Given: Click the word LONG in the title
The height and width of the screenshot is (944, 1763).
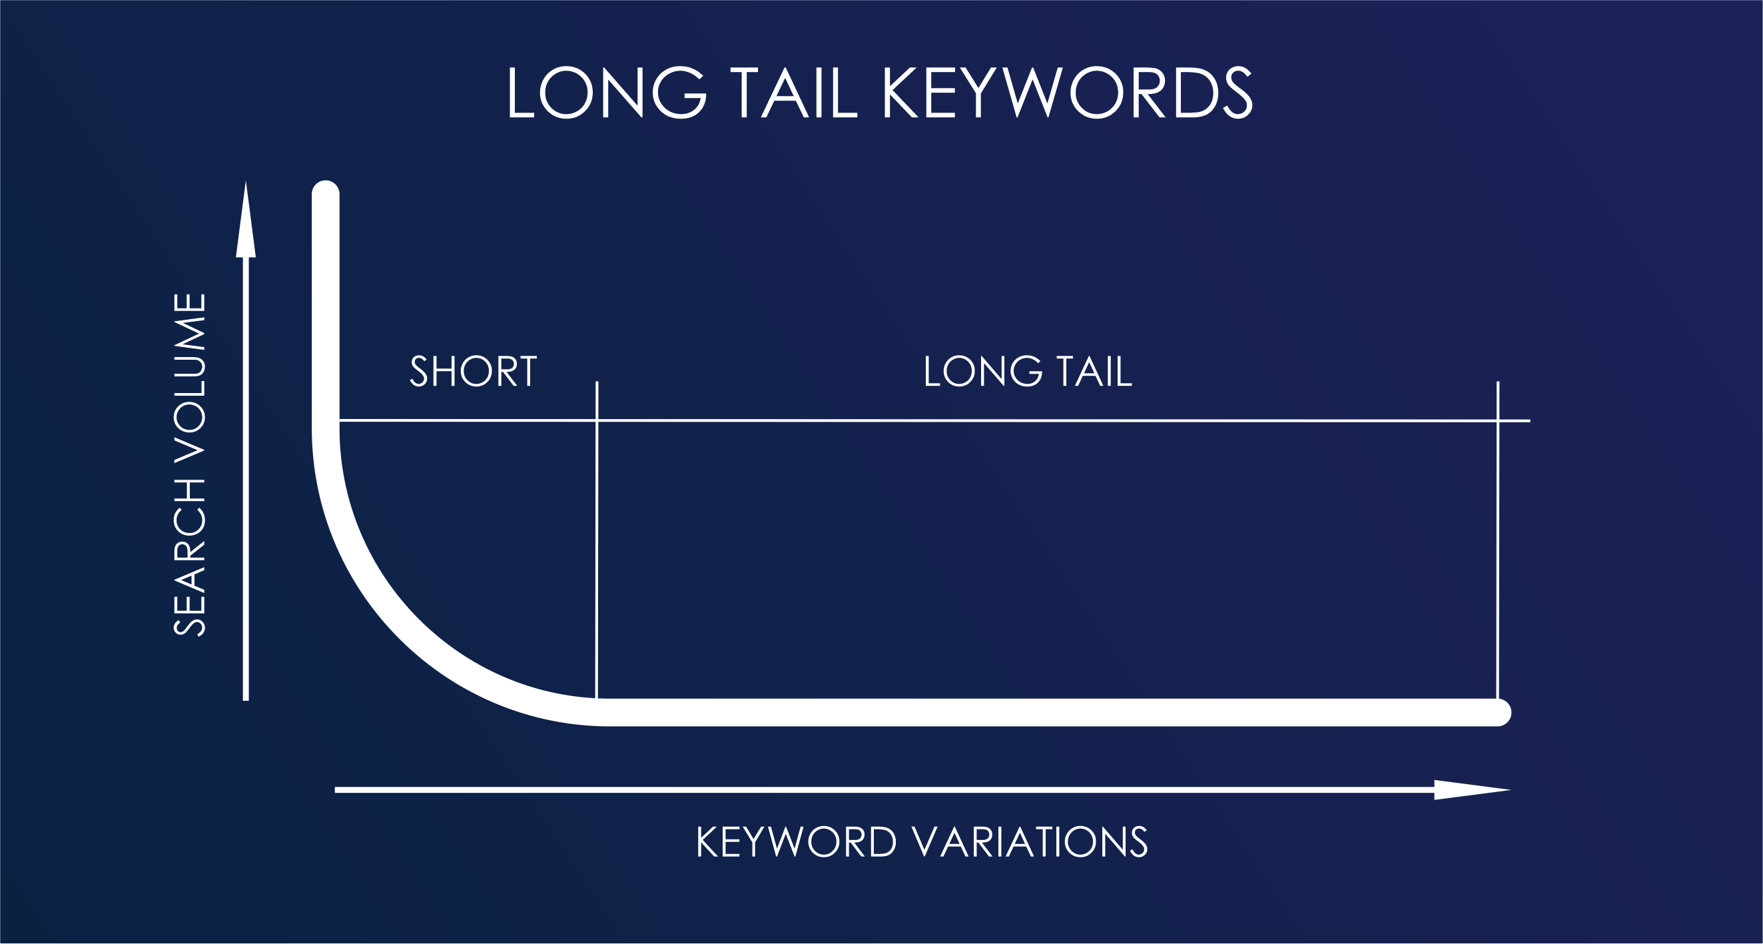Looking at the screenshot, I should (606, 93).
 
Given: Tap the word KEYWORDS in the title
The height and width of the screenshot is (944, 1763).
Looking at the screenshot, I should (1067, 93).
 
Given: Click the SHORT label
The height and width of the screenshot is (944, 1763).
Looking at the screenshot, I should (473, 372).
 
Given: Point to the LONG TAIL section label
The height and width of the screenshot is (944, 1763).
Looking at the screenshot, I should (1027, 372).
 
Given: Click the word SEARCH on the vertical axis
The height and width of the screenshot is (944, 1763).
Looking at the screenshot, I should (190, 557).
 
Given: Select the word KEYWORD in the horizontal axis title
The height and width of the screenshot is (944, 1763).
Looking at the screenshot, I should (796, 842).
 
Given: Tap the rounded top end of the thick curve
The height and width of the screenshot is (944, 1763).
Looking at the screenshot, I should (326, 194).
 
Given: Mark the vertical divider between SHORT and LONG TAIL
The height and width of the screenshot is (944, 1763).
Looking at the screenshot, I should (597, 541).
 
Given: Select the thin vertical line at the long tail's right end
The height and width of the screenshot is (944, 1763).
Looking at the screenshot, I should (1498, 541).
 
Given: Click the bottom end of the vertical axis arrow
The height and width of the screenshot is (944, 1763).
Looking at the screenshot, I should (246, 698).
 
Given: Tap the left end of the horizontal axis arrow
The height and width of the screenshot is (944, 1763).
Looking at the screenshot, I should (337, 790).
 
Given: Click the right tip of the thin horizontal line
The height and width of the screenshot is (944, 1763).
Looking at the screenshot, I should (1529, 421).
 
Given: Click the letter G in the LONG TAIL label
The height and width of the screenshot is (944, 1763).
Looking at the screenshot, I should (1026, 372).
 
